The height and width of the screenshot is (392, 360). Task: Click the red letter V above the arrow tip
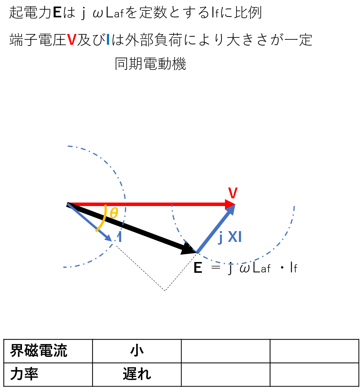point(233,193)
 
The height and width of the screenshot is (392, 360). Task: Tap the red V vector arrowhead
point(230,204)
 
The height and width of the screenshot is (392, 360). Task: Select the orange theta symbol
point(114,213)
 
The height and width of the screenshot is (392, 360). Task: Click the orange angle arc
point(103,219)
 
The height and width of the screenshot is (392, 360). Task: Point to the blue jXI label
point(230,237)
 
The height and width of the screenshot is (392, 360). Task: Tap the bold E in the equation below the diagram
point(198,268)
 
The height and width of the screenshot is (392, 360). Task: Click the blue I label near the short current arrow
point(120,237)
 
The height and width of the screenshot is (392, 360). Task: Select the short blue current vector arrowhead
point(108,238)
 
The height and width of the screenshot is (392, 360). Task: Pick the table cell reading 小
point(137,351)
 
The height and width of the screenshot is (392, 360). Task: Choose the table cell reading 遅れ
point(137,374)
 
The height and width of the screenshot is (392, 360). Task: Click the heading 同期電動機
point(150,64)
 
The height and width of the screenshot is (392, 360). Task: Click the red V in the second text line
point(71,40)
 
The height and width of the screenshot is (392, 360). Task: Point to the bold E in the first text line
point(57,12)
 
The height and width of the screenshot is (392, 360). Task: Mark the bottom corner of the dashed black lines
point(165,291)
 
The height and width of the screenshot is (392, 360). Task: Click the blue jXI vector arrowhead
point(231,209)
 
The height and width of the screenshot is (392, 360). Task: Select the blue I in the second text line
point(108,40)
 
